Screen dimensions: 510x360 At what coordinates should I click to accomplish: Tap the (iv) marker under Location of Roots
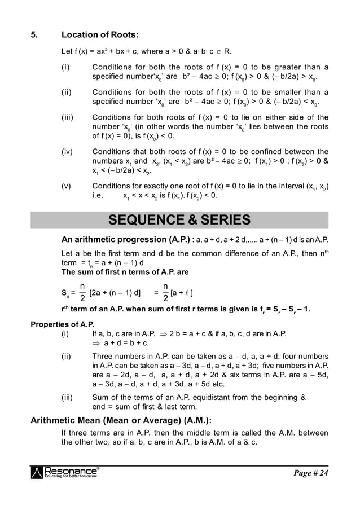(68, 151)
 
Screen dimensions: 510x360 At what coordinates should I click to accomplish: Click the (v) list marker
(67, 186)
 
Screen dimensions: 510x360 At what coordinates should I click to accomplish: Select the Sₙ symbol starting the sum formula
(65, 293)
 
